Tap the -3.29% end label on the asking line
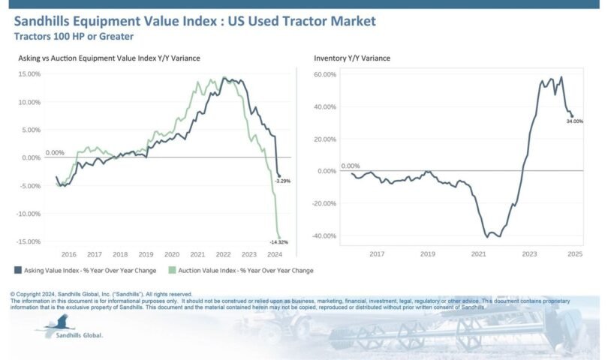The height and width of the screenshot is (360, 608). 281,181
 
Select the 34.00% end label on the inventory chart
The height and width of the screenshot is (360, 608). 575,121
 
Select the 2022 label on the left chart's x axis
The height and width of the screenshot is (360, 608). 224,254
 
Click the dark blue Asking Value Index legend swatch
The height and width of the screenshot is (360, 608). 17,270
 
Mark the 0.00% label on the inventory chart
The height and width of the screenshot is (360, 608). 351,166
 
